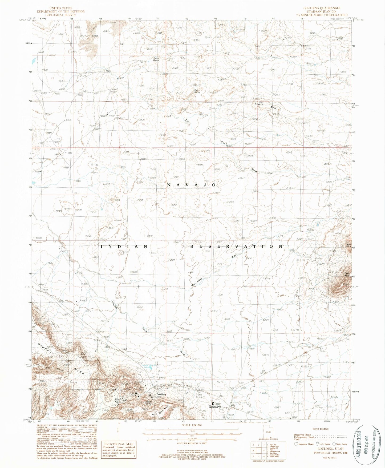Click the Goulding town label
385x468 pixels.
coord(161,394)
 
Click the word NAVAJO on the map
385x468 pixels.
coord(191,185)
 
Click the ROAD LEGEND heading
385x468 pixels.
coord(321,429)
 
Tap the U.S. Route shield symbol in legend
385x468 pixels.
coord(317,444)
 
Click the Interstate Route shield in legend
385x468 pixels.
coord(296,444)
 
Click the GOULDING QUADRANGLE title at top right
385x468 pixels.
coord(322,8)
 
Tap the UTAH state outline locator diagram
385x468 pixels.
coord(271,433)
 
